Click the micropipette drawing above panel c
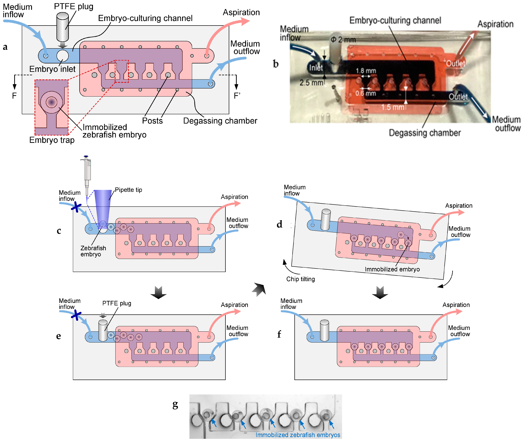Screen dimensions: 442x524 [87, 173]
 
